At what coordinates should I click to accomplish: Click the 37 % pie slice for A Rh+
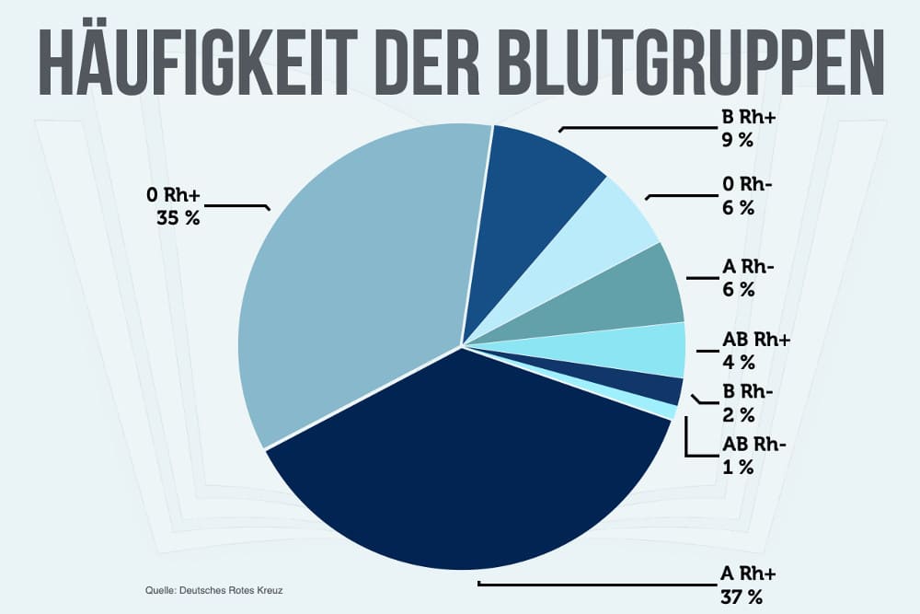click(460, 479)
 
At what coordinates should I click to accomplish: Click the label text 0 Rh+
click(176, 196)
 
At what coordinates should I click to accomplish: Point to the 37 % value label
click(742, 597)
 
